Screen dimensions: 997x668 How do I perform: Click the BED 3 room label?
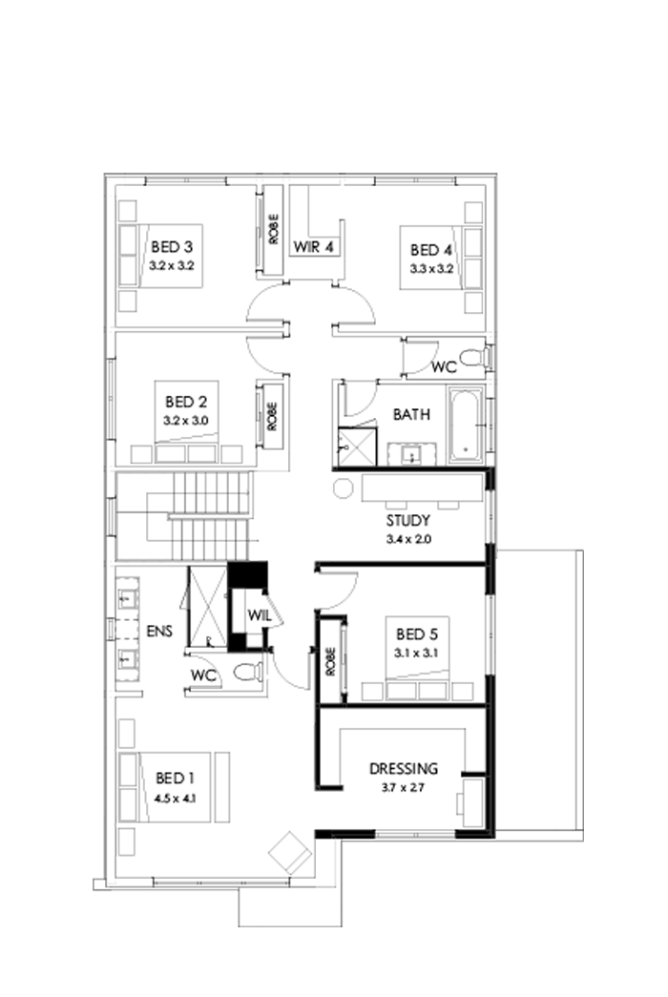[173, 248]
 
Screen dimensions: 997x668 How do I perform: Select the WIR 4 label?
[313, 248]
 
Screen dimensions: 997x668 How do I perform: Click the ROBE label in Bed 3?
[273, 229]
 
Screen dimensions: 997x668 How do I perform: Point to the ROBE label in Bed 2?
[273, 416]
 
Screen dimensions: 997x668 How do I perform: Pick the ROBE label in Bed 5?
[330, 661]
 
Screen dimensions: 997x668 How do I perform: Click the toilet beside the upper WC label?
[470, 359]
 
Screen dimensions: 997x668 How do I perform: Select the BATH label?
[411, 415]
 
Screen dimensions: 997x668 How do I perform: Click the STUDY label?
[408, 521]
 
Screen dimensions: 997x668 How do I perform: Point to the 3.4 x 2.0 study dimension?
[408, 539]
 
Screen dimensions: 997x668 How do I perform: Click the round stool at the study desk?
[343, 488]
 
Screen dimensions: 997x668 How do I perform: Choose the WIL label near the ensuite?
[260, 615]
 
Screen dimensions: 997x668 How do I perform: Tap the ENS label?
[158, 631]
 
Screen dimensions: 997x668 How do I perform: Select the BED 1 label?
[173, 781]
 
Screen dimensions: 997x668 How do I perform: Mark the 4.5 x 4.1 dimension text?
[174, 800]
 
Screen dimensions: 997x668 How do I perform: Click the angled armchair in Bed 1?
[289, 850]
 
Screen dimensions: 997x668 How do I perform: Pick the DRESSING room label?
[404, 768]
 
